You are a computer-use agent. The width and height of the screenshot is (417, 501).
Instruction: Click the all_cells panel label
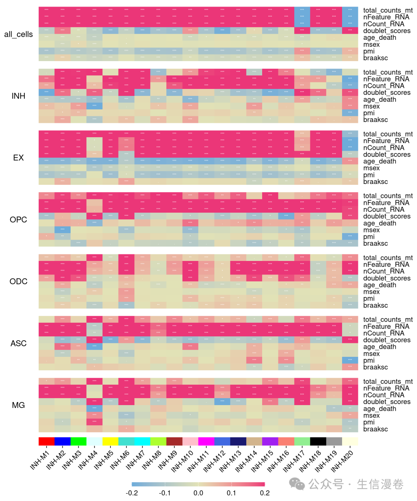(x=18, y=34)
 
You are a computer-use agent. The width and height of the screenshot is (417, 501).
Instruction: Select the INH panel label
(x=18, y=96)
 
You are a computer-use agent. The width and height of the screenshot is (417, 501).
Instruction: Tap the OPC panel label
(x=18, y=220)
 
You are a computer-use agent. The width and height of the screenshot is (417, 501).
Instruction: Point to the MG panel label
(x=18, y=405)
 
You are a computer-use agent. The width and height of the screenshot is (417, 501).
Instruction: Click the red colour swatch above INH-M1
(x=46, y=441)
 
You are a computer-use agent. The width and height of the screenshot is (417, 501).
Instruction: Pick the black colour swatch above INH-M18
(x=318, y=441)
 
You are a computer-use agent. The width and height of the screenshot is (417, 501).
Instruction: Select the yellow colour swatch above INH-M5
(x=110, y=441)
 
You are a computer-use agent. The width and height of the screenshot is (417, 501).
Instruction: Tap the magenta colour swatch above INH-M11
(x=206, y=441)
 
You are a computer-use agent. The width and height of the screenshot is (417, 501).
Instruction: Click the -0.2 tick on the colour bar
(x=132, y=493)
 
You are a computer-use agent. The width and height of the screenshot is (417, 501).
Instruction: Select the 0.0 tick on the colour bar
(x=198, y=493)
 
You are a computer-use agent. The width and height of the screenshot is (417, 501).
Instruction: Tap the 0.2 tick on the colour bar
(x=264, y=493)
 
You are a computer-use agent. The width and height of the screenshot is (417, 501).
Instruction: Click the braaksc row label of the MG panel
(x=375, y=429)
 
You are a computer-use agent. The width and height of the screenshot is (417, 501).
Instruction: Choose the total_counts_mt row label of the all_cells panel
(x=388, y=10)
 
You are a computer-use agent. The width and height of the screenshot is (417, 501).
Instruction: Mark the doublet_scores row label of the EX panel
(x=386, y=155)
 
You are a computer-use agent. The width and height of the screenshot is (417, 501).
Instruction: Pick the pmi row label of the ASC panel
(x=369, y=360)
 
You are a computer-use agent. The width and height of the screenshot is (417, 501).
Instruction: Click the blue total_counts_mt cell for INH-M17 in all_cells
(x=302, y=10)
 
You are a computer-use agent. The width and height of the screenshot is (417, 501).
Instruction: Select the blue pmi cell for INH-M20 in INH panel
(x=350, y=113)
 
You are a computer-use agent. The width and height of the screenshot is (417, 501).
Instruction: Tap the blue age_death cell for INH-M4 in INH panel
(x=95, y=106)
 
